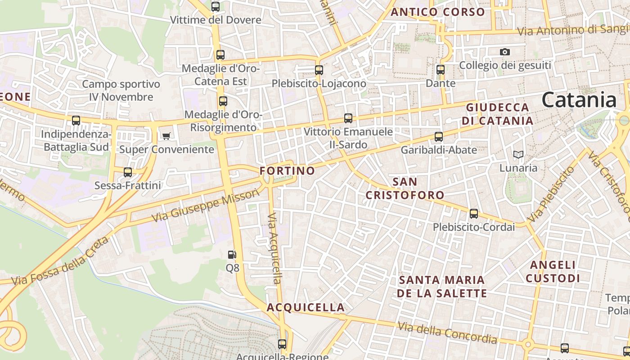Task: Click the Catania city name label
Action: click(x=579, y=99)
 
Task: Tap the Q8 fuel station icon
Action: click(x=232, y=255)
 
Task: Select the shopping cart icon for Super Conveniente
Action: click(x=166, y=136)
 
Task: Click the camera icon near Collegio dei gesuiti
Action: click(x=505, y=52)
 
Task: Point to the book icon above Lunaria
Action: click(x=518, y=155)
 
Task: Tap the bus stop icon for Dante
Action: click(x=441, y=70)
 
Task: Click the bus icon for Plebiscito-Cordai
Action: click(x=474, y=214)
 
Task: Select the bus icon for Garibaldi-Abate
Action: click(x=439, y=136)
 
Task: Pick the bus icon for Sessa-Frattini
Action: click(x=128, y=172)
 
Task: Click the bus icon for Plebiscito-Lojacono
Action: click(x=319, y=70)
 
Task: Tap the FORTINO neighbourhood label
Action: click(x=287, y=171)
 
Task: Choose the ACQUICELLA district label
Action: click(x=306, y=307)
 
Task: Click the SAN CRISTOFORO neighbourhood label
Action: click(x=405, y=189)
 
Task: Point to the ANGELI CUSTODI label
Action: click(x=553, y=271)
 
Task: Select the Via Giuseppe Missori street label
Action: click(x=206, y=205)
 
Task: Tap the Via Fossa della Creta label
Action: click(x=60, y=261)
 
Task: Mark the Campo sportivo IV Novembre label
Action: click(x=121, y=90)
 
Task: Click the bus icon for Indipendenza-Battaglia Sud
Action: click(x=76, y=121)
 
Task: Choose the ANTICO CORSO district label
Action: click(x=438, y=12)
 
